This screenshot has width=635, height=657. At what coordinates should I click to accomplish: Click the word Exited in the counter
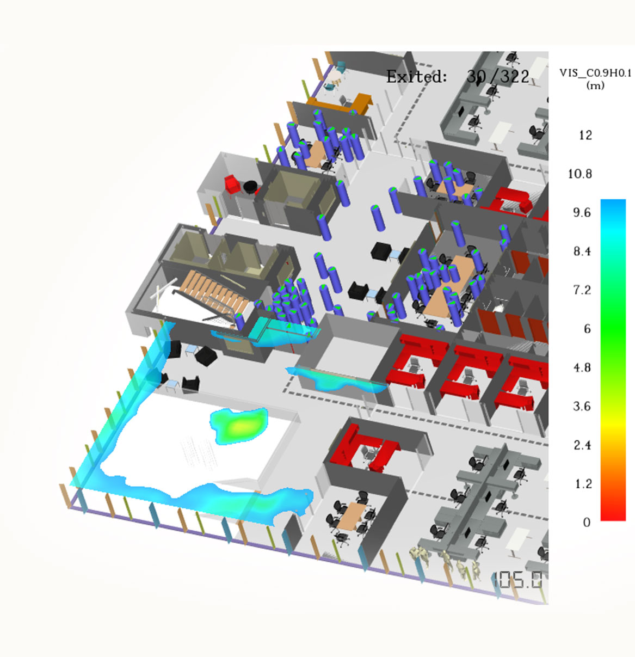(416, 77)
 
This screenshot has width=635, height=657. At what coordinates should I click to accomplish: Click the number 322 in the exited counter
(515, 77)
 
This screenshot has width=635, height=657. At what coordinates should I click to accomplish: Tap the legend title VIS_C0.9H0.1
(595, 73)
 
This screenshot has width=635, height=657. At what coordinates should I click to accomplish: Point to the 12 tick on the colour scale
(585, 136)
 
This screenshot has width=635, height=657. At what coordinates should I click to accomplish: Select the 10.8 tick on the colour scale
(580, 174)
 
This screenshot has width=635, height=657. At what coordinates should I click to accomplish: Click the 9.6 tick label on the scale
(582, 213)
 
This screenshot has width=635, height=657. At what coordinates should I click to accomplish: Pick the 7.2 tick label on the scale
(582, 290)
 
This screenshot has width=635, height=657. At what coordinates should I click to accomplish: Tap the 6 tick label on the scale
(587, 329)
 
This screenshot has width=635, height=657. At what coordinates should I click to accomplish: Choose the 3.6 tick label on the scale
(582, 407)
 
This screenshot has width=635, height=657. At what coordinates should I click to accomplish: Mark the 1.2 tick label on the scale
(583, 484)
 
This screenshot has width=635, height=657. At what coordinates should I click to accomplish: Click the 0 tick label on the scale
(587, 523)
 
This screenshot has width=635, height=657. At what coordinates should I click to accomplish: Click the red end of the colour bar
(613, 512)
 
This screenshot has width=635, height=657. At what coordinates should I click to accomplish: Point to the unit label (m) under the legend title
(595, 85)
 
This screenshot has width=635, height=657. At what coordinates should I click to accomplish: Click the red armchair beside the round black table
(232, 183)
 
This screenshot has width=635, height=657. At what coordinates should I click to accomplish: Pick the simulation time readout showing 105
(517, 580)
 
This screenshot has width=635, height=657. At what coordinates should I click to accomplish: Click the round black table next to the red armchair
(250, 187)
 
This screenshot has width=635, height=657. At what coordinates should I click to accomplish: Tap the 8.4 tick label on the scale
(582, 251)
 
